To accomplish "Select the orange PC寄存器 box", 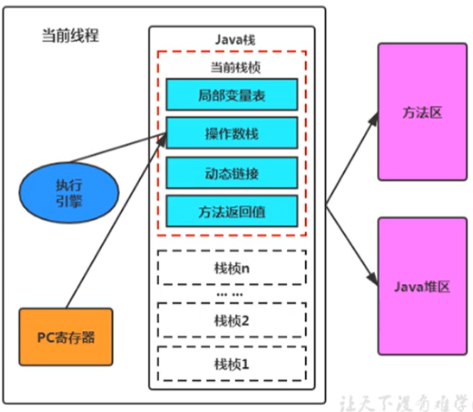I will coord(66,336).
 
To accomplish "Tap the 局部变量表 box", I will coord(231,95).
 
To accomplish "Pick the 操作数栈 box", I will coord(231,133).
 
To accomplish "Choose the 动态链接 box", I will coord(231,172).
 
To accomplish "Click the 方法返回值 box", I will coord(231,211).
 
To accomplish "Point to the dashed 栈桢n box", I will coord(231,268).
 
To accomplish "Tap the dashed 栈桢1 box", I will coord(231,363).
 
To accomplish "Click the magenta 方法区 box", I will coord(422,112).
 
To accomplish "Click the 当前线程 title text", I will coord(69,36).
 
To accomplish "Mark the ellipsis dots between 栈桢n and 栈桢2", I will coord(229,293).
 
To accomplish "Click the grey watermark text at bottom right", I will coord(406,400).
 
